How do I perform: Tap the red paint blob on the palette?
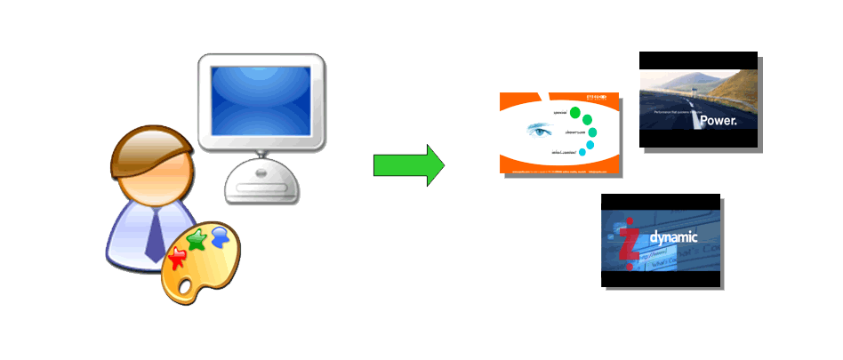tap(178, 257)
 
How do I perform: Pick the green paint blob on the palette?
tap(197, 238)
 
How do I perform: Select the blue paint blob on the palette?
tap(221, 236)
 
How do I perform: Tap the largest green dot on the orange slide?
tap(575, 113)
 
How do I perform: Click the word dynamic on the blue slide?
tap(673, 237)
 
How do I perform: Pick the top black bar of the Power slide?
tap(698, 60)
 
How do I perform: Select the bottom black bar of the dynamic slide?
tap(660, 278)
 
